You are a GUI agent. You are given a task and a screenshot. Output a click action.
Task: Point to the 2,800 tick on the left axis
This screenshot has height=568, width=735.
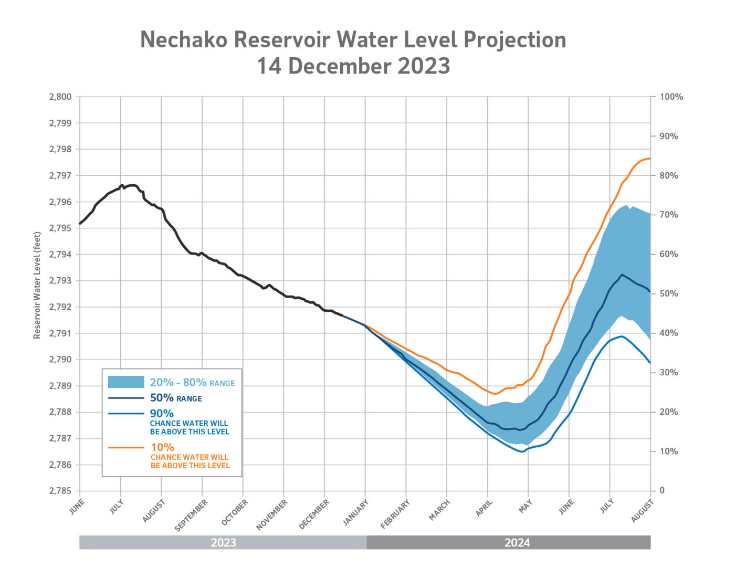coord(60,97)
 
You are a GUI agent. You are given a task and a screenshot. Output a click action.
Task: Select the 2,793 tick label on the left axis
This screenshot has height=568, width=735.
coord(60,280)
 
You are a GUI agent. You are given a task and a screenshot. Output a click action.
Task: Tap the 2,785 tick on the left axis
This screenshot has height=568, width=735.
coord(60,491)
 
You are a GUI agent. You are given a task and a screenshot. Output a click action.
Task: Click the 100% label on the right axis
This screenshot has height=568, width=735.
coord(671,97)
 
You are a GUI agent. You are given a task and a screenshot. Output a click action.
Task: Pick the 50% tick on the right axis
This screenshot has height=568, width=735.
coord(668,293)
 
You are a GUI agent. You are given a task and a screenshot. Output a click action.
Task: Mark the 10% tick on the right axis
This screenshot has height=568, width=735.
coord(668,451)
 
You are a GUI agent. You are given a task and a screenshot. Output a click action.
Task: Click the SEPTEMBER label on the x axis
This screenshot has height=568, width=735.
coord(191,515)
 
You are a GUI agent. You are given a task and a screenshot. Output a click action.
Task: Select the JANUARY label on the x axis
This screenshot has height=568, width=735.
coord(356,512)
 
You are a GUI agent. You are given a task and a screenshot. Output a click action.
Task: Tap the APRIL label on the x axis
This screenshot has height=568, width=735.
coord(484,508)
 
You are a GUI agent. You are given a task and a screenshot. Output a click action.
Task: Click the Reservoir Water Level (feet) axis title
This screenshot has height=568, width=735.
coord(37,285)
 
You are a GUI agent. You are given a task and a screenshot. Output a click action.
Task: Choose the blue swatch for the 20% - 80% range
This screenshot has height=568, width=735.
coord(126,382)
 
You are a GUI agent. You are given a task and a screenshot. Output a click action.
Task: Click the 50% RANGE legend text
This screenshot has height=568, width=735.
coord(176,398)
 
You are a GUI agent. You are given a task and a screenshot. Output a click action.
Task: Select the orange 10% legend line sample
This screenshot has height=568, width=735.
coord(126,447)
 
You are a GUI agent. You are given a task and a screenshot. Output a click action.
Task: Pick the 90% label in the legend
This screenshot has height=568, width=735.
coord(162,413)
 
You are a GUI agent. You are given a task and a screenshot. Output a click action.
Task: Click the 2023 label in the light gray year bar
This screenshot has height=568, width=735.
coord(223,543)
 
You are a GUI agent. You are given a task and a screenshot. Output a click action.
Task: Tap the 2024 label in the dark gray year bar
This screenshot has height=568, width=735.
coord(517,543)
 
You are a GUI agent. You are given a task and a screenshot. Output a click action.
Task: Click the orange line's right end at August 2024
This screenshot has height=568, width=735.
coord(650,158)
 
